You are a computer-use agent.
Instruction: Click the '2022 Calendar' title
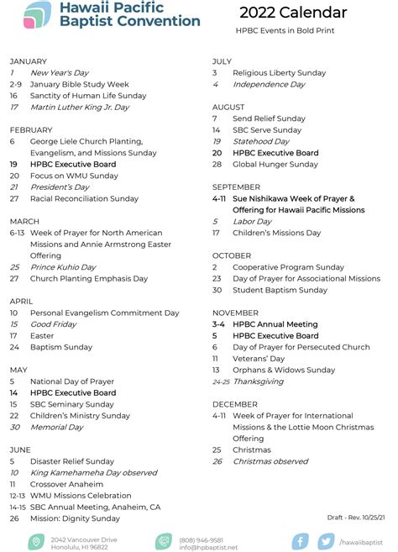tap(292, 13)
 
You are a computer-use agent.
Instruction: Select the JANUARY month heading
tap(29, 61)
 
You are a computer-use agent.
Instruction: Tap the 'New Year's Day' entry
tap(59, 73)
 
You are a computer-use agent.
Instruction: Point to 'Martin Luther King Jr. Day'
tap(80, 107)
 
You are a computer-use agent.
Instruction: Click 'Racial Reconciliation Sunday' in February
tap(84, 198)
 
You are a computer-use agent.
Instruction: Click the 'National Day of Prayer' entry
tap(72, 381)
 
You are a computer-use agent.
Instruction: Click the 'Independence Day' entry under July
tap(269, 84)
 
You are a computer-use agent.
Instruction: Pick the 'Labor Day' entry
tap(252, 221)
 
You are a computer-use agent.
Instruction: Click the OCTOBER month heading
tap(231, 255)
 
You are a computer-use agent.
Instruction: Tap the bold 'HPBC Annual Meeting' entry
tap(275, 323)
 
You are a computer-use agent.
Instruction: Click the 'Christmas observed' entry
tap(270, 461)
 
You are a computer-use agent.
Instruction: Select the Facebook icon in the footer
tap(299, 541)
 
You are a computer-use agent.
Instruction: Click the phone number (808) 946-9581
tap(202, 539)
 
